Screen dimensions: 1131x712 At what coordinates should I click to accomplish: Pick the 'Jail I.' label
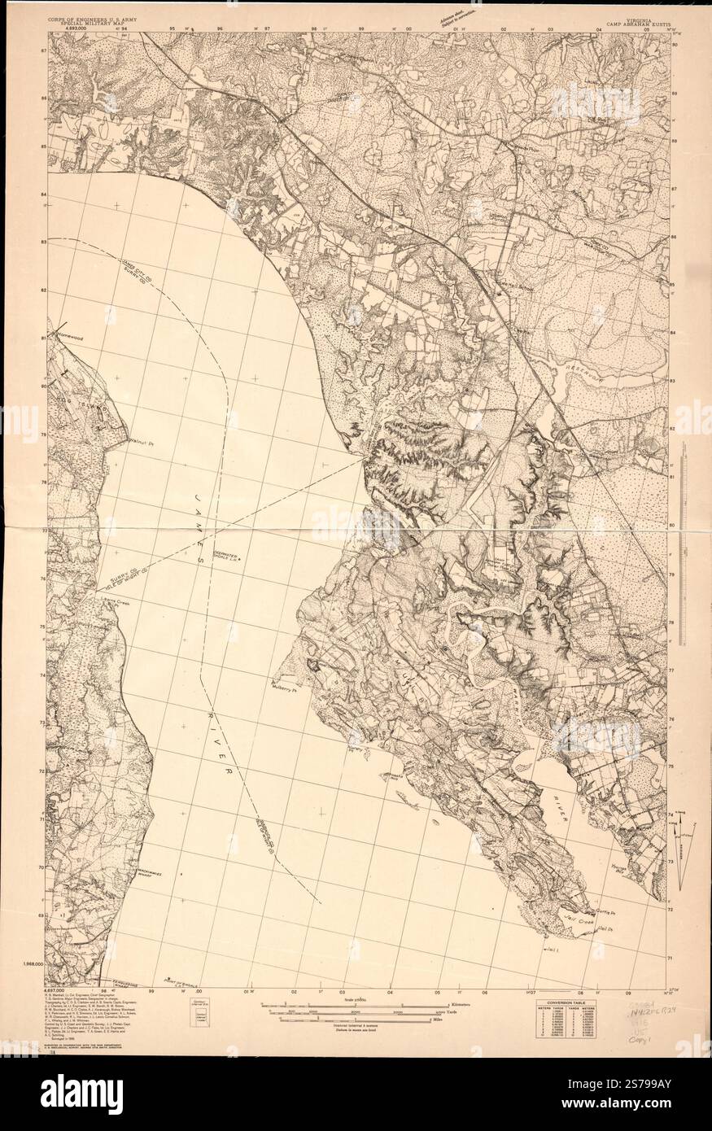(554, 949)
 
